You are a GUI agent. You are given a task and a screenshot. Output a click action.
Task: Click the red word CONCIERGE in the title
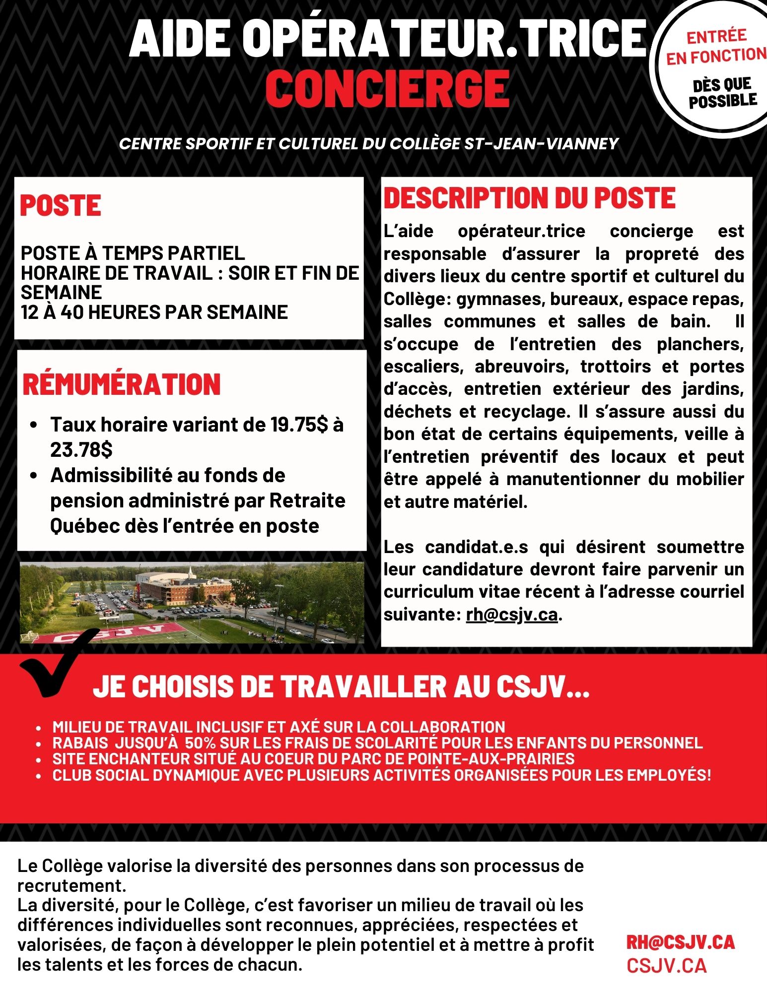(x=388, y=89)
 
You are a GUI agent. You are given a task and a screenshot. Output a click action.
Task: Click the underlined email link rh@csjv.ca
(x=511, y=615)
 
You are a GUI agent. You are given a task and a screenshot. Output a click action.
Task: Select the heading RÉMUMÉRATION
(x=122, y=384)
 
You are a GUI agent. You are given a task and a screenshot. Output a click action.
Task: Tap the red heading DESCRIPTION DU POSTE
(x=529, y=198)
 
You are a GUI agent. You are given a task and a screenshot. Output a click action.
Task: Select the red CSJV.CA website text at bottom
(x=666, y=966)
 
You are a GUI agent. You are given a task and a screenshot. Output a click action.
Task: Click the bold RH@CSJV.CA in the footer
(x=680, y=942)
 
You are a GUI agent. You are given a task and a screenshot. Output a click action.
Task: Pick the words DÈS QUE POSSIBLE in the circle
(x=722, y=93)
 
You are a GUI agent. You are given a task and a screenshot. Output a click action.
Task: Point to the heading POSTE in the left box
(x=61, y=205)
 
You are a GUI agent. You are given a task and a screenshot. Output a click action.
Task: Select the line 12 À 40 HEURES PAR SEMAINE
(x=154, y=312)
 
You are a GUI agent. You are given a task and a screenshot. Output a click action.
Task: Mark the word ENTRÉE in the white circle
(x=716, y=36)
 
